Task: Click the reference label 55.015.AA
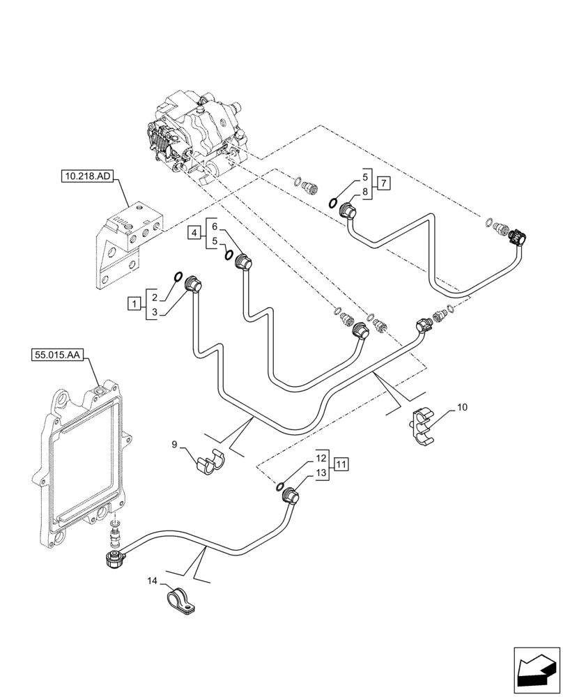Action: point(57,355)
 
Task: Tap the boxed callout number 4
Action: point(195,233)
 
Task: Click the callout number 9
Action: point(175,443)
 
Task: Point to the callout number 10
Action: point(463,406)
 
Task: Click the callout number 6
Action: point(215,227)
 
